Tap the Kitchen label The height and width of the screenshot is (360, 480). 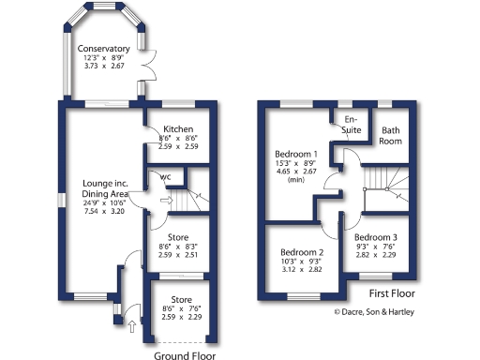pos(178,128)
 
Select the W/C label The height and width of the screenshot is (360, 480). pos(165,177)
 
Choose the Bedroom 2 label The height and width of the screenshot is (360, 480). pos(302,253)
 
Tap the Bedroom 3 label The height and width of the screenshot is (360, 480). pos(376,236)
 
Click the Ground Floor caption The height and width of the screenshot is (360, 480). pos(185,355)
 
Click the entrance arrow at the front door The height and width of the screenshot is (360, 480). pos(131,326)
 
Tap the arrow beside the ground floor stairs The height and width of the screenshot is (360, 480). pos(166,199)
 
